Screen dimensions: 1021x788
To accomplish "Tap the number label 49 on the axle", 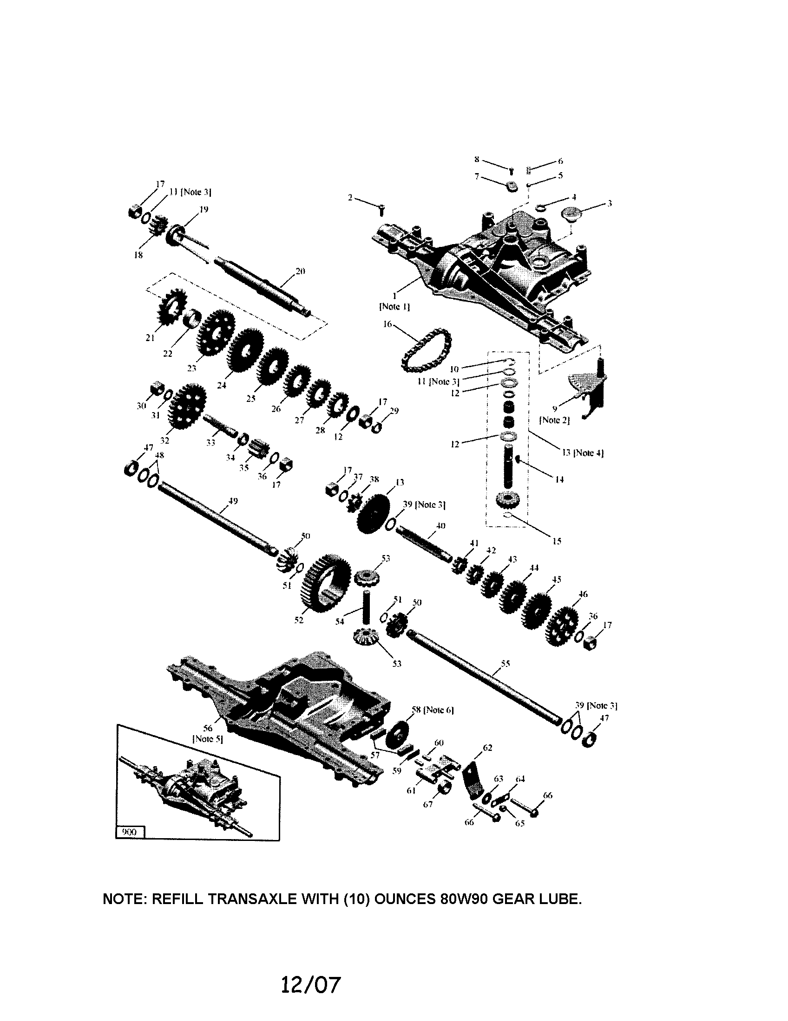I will pyautogui.click(x=233, y=501).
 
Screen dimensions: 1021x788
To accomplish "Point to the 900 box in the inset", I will pyautogui.click(x=130, y=832).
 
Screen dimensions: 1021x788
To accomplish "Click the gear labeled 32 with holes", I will pyautogui.click(x=186, y=406).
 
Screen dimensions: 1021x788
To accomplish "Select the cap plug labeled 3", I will pyautogui.click(x=570, y=215).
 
